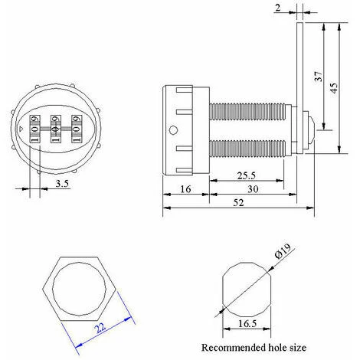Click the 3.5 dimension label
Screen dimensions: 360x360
click(x=63, y=184)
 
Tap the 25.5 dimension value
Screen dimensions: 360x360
click(x=247, y=175)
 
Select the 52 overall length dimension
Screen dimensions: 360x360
click(x=239, y=203)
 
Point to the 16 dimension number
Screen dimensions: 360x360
click(x=185, y=189)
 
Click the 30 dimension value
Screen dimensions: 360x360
click(x=253, y=189)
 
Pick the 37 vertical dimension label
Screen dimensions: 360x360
click(x=319, y=77)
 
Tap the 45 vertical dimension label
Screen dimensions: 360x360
click(x=334, y=88)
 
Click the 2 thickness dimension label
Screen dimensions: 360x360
click(x=278, y=8)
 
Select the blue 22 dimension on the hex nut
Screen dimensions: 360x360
click(x=100, y=327)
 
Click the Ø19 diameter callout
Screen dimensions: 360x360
click(x=283, y=251)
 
